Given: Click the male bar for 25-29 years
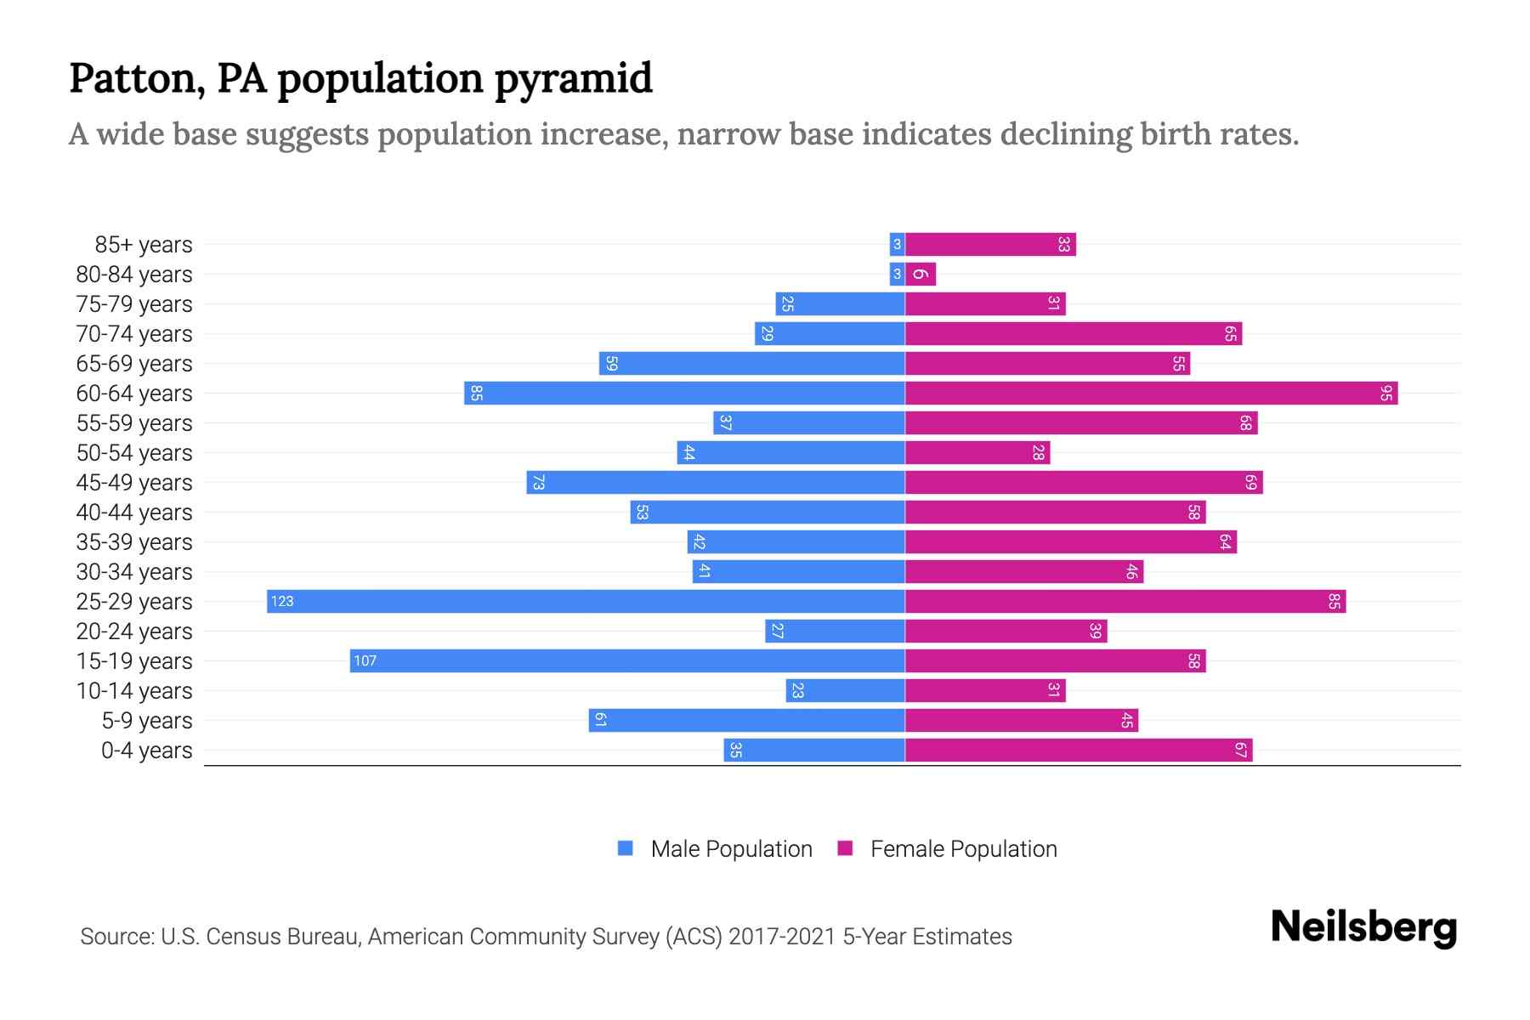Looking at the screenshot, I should [586, 602].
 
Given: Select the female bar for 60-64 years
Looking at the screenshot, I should [1152, 394].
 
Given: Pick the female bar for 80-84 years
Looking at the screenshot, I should [921, 275].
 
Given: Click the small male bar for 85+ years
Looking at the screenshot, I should [897, 245].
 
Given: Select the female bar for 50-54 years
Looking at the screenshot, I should [977, 453].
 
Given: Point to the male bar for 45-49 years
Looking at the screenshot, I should [716, 483].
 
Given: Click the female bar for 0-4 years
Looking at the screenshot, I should [1079, 751].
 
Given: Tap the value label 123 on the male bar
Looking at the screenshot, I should [282, 602].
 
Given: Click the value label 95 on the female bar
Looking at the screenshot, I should [1386, 394].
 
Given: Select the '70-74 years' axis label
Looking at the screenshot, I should [134, 334].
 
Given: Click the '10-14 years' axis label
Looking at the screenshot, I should [134, 691].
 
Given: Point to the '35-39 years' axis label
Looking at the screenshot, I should [134, 542].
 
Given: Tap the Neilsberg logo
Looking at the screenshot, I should [1363, 927].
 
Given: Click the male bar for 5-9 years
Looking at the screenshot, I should [746, 721].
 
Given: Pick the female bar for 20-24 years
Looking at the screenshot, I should [1006, 632].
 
